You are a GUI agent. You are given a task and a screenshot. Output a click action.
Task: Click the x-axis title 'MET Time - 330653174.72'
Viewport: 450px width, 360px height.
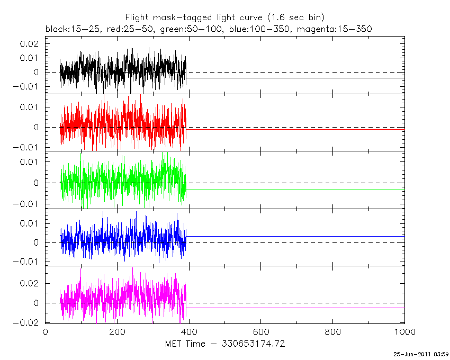click(x=224, y=344)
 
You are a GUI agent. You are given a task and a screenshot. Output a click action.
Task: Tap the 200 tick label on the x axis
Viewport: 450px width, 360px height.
click(x=117, y=332)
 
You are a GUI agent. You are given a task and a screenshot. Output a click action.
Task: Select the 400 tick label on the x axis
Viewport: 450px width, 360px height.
click(x=189, y=332)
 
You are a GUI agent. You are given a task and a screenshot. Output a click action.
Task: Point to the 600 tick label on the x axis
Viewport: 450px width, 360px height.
click(x=261, y=332)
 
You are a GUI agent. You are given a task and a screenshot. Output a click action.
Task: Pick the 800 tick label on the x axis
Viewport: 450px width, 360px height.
click(x=333, y=332)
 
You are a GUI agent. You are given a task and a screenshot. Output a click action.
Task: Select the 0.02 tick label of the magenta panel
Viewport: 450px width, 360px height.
click(x=30, y=283)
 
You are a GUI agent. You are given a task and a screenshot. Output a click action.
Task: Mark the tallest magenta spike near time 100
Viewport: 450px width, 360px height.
click(x=81, y=269)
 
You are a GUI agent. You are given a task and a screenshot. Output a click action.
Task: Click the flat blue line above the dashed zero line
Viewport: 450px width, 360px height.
click(x=296, y=236)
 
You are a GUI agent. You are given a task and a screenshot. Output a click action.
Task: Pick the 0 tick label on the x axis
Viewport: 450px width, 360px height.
click(x=45, y=332)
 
